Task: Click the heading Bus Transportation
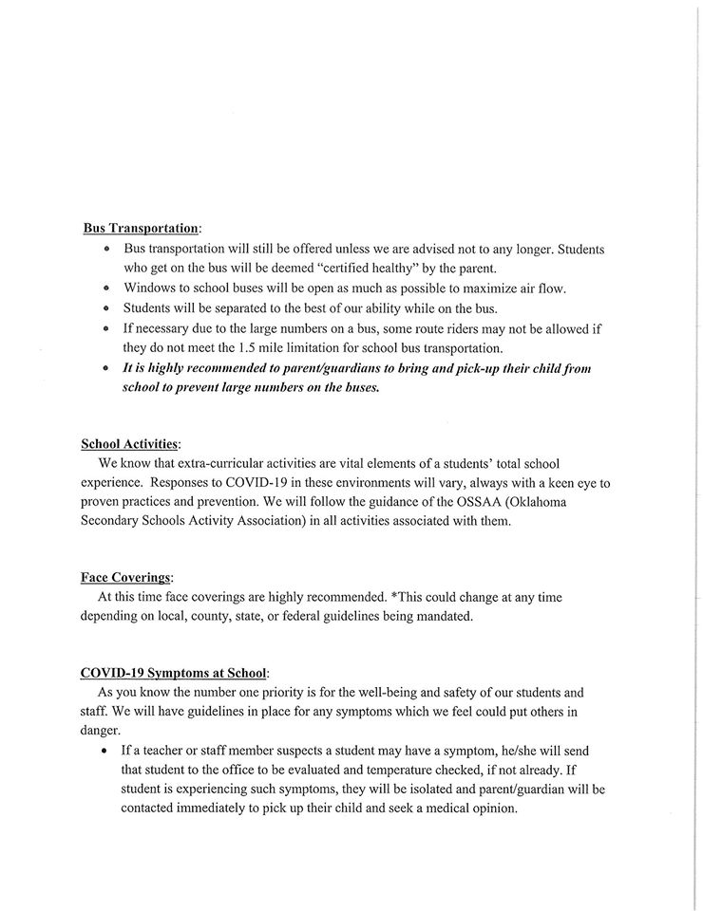pyautogui.click(x=141, y=229)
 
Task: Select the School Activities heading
pyautogui.click(x=128, y=443)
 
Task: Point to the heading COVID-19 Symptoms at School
pyautogui.click(x=173, y=673)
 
